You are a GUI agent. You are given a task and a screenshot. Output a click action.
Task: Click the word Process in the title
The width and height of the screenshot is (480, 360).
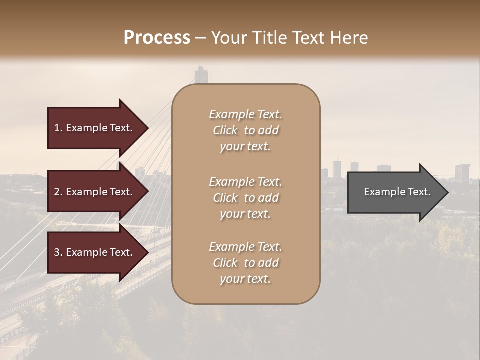157,38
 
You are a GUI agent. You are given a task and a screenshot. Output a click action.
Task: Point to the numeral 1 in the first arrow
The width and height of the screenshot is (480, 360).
57,128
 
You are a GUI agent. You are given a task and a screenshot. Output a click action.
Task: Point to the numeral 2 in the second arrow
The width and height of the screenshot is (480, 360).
57,192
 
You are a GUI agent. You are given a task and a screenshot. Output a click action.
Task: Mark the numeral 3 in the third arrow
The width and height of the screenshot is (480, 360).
57,252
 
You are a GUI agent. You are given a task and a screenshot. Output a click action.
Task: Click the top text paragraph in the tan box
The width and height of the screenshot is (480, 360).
245,130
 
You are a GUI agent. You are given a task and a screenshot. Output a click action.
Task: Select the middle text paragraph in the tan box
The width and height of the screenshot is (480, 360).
245,198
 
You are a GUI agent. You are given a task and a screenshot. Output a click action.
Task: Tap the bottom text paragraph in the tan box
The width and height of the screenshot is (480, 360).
245,263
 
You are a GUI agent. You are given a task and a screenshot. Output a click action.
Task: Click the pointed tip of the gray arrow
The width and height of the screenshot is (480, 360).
446,192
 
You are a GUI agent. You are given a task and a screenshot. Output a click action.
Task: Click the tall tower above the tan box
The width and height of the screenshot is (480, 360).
201,75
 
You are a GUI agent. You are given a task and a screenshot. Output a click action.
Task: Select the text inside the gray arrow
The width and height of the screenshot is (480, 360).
397,192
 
